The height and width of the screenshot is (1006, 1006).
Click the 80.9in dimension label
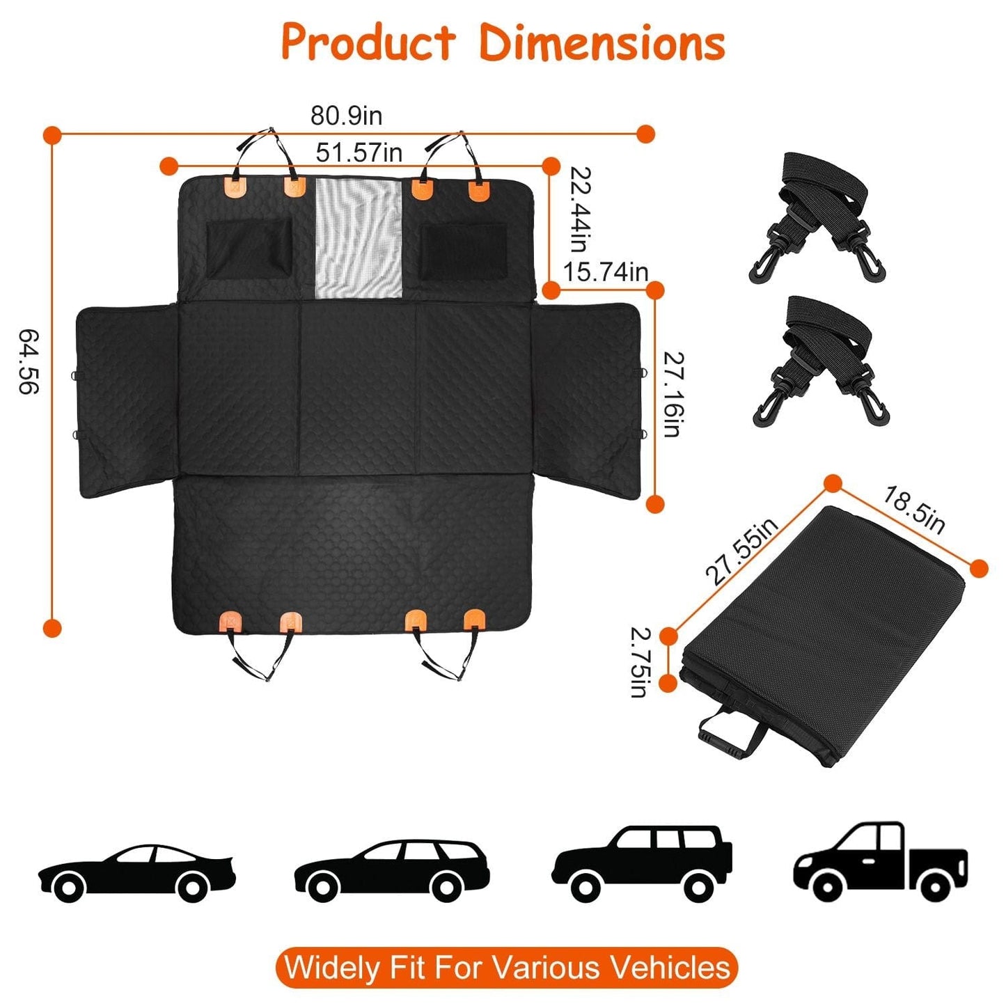coord(346,116)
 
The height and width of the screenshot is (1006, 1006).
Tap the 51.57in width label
coord(359,152)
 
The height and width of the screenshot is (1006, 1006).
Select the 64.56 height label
coord(29,361)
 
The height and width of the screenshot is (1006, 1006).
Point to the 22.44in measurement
coord(581,209)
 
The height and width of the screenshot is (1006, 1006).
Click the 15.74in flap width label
coord(605,272)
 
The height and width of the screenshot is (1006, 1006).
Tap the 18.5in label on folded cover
coord(914,510)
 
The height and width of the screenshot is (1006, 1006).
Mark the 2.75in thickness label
coord(640,661)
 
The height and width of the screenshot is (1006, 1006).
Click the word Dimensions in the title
coord(602,43)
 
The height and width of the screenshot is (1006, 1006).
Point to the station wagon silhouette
coord(392,868)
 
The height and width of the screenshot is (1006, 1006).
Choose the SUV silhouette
coord(643,863)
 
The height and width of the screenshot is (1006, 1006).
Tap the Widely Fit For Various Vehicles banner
coord(506,967)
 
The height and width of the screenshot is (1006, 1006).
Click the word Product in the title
coord(368,43)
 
